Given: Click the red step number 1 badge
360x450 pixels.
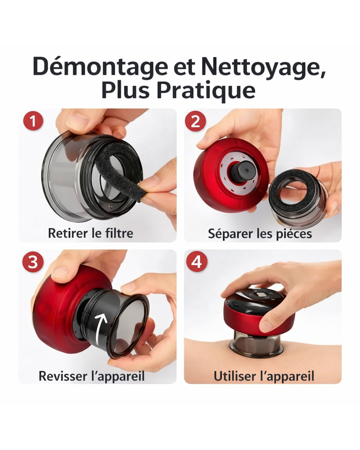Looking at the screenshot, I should coord(33,121).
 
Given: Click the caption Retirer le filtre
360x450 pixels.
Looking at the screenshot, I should coord(90,233).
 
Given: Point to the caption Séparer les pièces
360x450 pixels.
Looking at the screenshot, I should coord(260,234).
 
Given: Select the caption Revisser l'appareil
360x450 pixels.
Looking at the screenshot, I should coord(92,376).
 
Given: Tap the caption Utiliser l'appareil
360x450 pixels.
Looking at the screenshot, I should coord(264,376).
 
